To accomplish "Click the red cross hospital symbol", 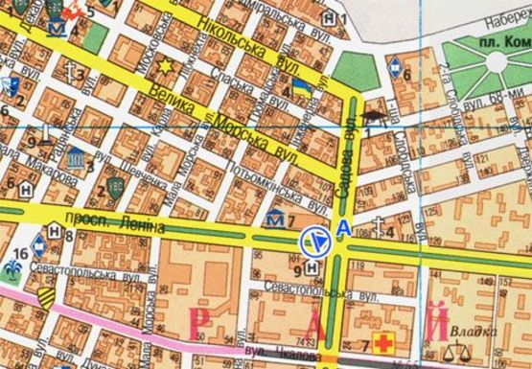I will click(x=387, y=342).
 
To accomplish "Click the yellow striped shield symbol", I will click(x=46, y=299).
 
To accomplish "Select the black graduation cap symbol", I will click(x=372, y=117).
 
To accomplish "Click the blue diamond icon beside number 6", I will click(x=394, y=67).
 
